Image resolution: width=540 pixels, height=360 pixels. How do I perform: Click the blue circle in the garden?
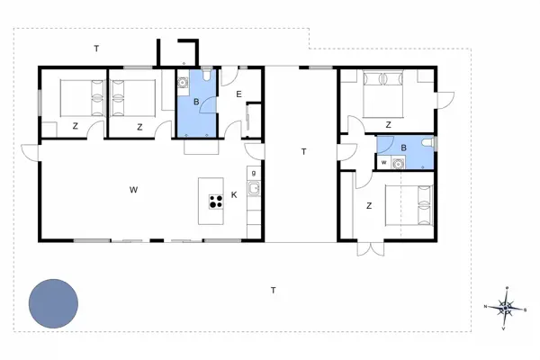point(53,303)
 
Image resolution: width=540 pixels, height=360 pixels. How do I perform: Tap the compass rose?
point(507,308)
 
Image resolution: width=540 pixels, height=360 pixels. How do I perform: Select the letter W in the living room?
point(133,190)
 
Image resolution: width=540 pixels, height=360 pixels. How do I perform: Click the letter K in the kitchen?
point(234,194)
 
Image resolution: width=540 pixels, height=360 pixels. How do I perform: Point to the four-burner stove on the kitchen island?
point(216,202)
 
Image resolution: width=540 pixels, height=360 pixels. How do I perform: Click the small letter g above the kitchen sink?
point(255,172)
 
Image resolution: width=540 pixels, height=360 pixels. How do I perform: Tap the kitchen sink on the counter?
point(255,189)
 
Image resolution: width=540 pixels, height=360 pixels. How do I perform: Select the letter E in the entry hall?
point(238,94)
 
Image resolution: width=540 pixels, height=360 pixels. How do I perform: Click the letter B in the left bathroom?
point(194,103)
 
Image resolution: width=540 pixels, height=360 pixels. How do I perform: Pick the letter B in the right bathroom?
point(403,148)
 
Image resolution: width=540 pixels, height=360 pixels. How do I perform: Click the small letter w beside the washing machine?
point(384,162)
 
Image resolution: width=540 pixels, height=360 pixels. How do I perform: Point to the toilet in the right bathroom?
point(427,144)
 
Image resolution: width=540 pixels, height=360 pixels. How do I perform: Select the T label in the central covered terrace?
point(303,152)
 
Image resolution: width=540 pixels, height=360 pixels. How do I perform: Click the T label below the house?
point(274,289)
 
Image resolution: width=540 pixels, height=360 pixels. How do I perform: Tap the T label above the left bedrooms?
point(96,48)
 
